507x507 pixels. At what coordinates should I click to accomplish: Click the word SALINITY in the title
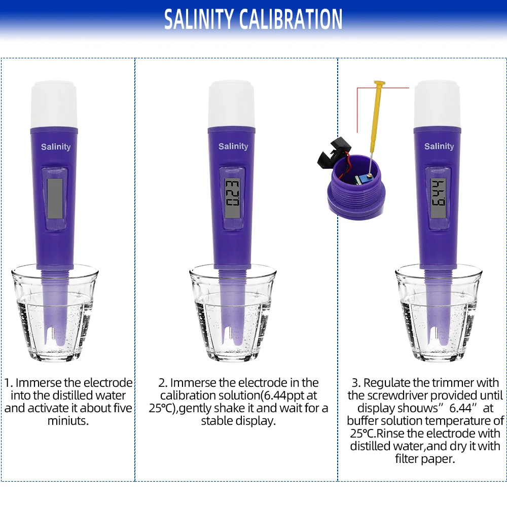pyautogui.click(x=199, y=19)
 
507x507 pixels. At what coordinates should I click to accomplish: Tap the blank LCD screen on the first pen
pyautogui.click(x=55, y=199)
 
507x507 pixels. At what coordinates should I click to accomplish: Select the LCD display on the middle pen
pyautogui.click(x=233, y=199)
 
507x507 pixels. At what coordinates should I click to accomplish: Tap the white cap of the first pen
pyautogui.click(x=54, y=105)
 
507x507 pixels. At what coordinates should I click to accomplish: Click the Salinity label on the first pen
pyautogui.click(x=56, y=147)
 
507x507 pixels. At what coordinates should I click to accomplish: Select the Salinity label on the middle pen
pyautogui.click(x=233, y=147)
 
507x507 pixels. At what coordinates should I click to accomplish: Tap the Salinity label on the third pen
pyautogui.click(x=439, y=147)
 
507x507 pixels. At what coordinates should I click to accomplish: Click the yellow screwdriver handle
pyautogui.click(x=378, y=109)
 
